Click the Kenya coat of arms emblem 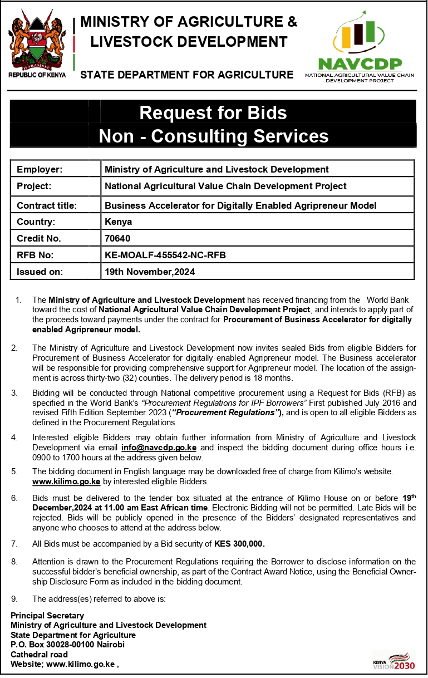click(37, 42)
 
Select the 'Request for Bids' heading click(213, 112)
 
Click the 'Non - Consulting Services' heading click(213, 136)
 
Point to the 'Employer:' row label click(40, 169)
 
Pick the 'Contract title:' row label click(47, 205)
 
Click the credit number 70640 click(117, 238)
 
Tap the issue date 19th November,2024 click(150, 272)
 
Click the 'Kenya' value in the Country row click(118, 222)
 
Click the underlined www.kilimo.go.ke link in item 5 click(66, 481)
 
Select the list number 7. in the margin click(14, 543)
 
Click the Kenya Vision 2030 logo click(393, 661)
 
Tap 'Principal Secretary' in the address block click(47, 616)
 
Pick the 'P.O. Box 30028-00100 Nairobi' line click(67, 645)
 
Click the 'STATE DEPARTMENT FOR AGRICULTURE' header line click(186, 75)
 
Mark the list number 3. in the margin click(14, 393)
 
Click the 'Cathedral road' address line click(39, 655)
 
